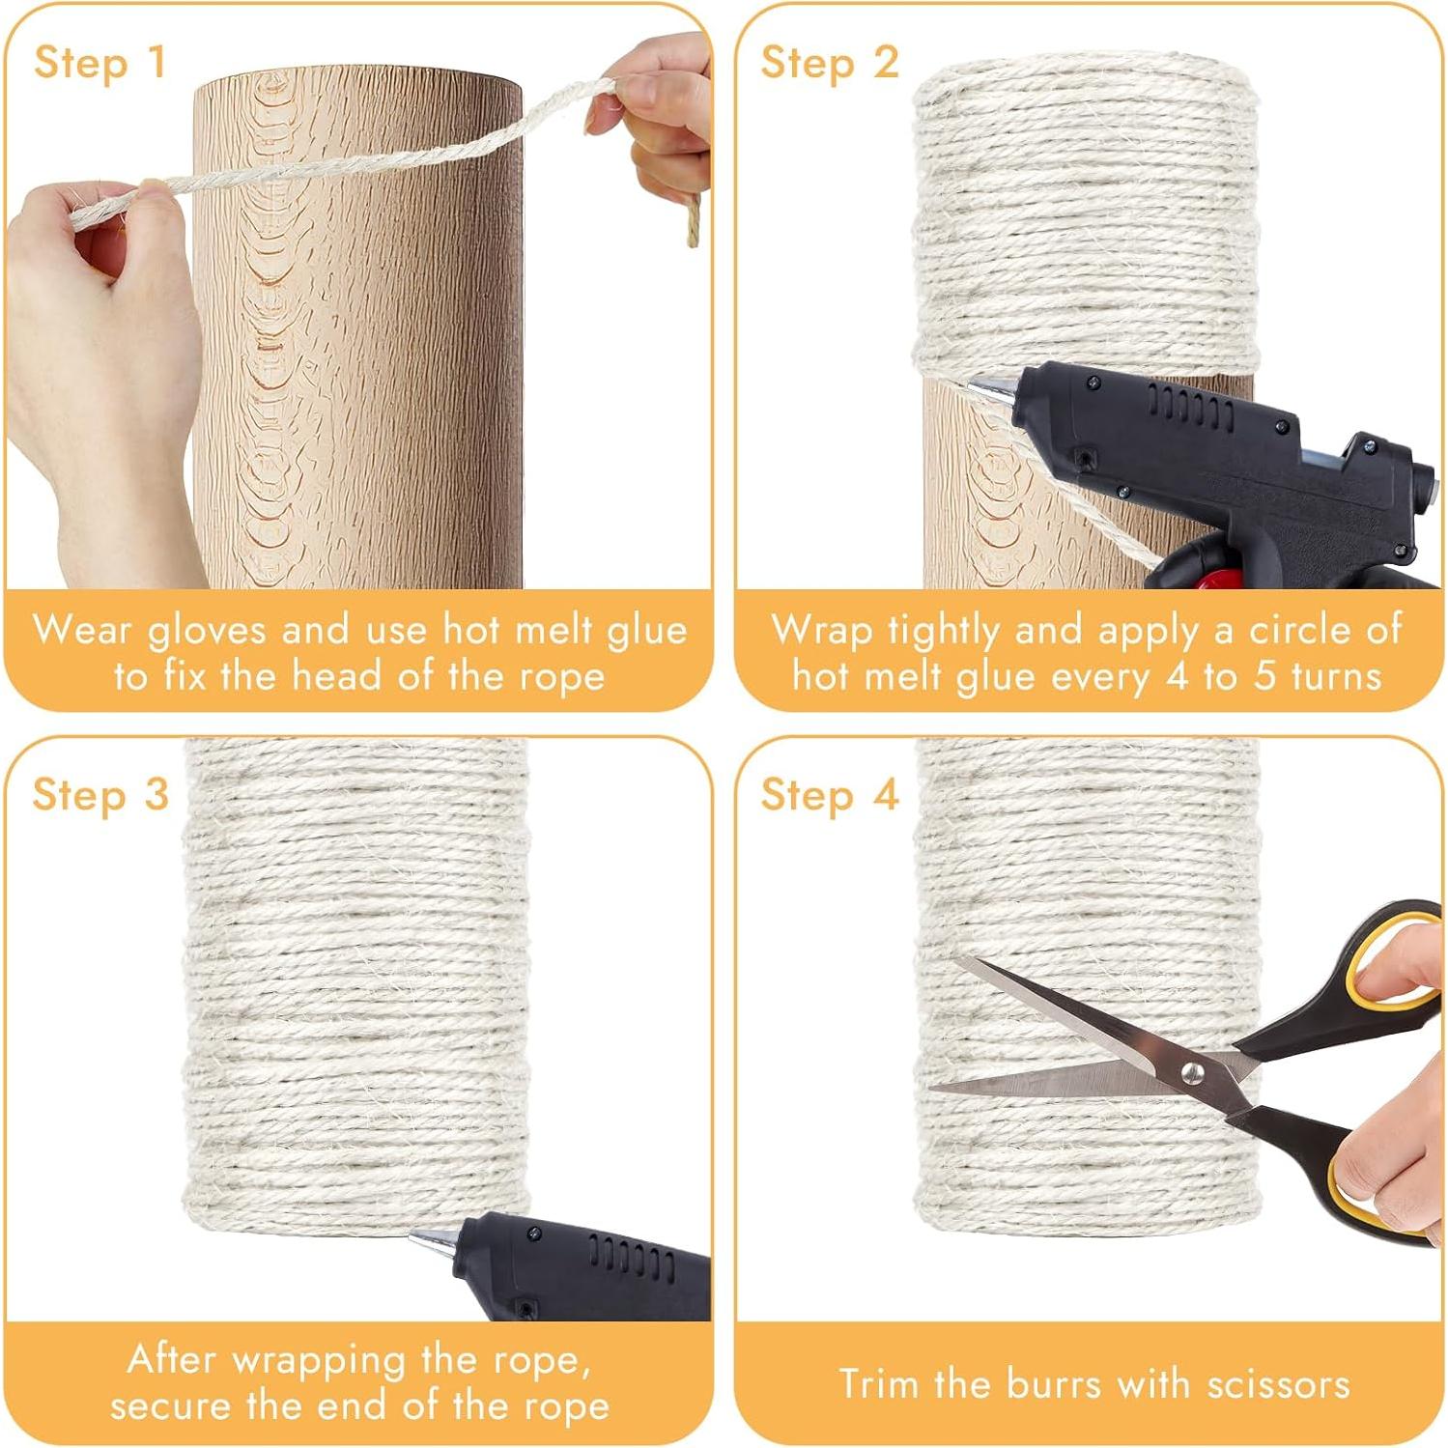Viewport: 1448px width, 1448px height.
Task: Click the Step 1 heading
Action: (99, 63)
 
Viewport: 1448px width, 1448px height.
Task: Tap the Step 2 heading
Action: (829, 63)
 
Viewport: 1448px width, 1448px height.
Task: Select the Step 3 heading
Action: (99, 795)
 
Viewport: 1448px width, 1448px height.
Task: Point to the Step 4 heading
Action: (829, 795)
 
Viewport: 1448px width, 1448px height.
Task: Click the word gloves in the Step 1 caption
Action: (206, 631)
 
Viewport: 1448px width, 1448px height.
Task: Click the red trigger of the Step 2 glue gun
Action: (1222, 580)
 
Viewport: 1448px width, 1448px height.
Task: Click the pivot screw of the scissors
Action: (1192, 1071)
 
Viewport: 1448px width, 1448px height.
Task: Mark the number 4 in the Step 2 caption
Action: (1176, 676)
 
